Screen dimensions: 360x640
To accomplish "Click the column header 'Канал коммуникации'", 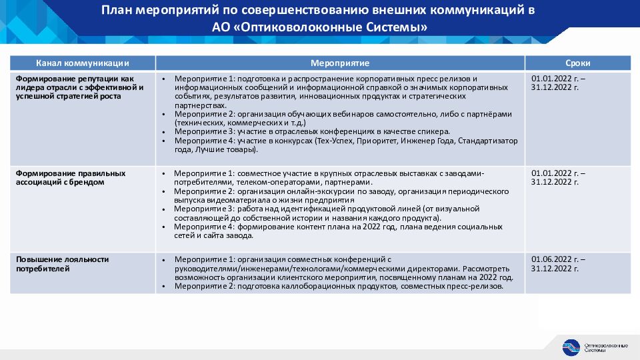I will coord(83,63).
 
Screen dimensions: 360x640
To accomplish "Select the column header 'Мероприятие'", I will coord(340,63).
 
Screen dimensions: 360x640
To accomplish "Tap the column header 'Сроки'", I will coord(577,63).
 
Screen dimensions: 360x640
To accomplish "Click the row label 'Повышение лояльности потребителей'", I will coord(63,263).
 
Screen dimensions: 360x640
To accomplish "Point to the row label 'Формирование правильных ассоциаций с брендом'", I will coord(71,177).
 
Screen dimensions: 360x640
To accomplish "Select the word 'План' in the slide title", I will coord(117,11).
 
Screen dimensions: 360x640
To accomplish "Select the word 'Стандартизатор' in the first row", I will coord(491,141).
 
